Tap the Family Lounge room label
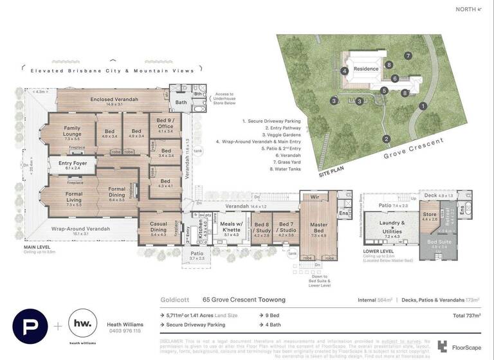[71, 131]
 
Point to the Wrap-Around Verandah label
[80, 228]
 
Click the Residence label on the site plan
[367, 68]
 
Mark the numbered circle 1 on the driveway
[423, 105]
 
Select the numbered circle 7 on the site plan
[408, 56]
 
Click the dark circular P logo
[30, 326]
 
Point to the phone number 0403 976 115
[124, 331]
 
